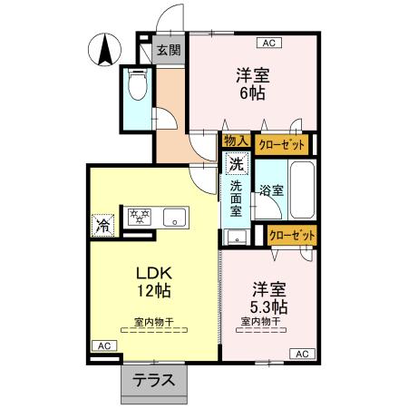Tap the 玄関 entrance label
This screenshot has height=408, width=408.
click(x=168, y=51)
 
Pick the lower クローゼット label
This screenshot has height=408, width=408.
click(x=293, y=235)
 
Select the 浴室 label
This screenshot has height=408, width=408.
click(x=271, y=190)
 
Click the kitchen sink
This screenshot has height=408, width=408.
click(x=175, y=217)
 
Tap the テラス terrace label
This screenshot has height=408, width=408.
click(x=155, y=380)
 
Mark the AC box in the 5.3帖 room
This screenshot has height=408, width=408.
click(x=301, y=353)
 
